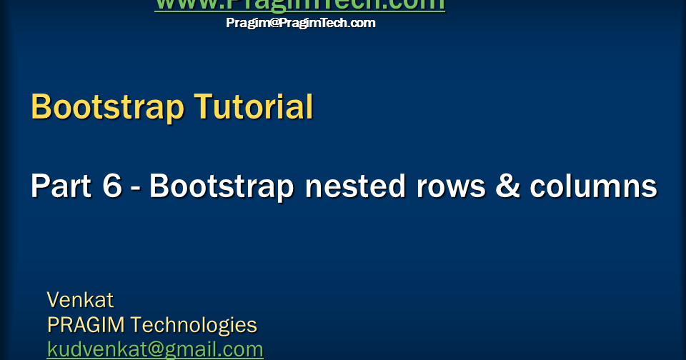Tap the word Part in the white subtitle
click(x=60, y=186)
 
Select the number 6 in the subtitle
click(x=112, y=186)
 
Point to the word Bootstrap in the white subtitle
click(x=222, y=186)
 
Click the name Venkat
click(x=80, y=299)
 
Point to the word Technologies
click(x=194, y=325)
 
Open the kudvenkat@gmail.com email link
click(x=155, y=349)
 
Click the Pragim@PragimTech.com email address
click(x=301, y=23)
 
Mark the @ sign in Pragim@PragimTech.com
click(x=272, y=23)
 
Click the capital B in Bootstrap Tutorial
click(x=41, y=108)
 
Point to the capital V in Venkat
click(x=53, y=299)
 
